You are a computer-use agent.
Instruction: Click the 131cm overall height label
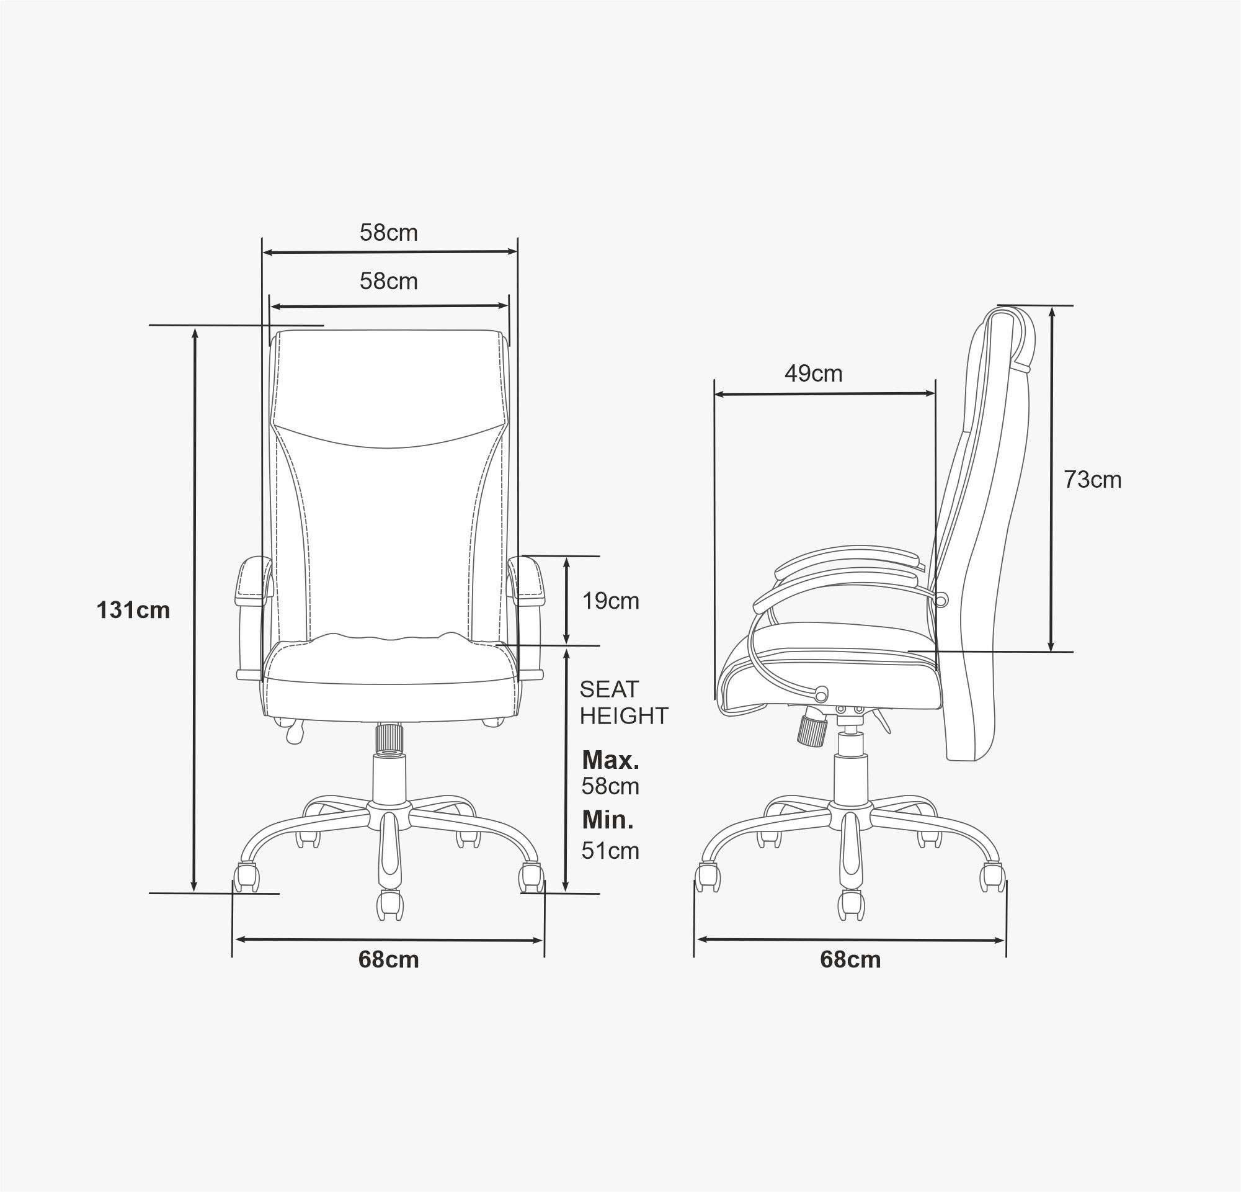click(133, 611)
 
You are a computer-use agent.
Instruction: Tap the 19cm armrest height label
click(610, 601)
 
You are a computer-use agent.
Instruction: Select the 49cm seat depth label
click(814, 374)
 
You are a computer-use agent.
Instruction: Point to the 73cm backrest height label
click(1093, 480)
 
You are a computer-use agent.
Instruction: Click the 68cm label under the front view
click(388, 959)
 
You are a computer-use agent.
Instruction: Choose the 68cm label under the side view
click(850, 959)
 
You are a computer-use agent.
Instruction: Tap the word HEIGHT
click(625, 715)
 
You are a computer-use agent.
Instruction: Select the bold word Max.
click(610, 760)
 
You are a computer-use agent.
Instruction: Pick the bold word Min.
click(608, 820)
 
